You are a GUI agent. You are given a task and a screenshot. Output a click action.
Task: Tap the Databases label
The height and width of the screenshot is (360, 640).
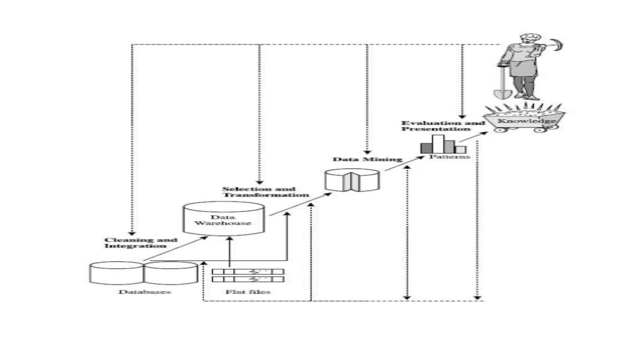144,292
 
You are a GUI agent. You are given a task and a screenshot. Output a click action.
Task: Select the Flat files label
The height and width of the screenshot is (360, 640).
248,292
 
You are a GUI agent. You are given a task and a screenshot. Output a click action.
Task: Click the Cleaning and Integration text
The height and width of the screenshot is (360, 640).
140,243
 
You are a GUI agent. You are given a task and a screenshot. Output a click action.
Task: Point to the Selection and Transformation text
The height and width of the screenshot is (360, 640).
265,192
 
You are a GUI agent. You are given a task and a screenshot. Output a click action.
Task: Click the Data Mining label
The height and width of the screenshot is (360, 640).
367,159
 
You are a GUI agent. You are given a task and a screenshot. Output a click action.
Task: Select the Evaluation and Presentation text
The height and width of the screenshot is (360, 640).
442,126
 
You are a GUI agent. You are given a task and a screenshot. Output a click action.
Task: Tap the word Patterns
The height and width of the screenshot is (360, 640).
449,157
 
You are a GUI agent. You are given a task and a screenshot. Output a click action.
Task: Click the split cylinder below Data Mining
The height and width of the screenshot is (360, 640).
352,180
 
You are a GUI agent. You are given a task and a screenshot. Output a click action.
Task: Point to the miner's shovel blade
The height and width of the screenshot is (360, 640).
502,94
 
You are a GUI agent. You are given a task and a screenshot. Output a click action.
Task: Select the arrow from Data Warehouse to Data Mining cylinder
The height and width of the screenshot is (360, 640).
300,204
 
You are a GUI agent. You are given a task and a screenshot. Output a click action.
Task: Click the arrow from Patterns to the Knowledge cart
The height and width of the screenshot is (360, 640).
473,137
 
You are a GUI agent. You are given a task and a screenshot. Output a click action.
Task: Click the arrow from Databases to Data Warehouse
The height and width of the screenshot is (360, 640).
175,249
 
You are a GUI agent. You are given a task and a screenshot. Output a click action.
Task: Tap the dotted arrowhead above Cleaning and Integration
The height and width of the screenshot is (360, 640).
132,233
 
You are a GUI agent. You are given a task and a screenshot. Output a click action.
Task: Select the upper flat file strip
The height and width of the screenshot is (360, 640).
248,272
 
